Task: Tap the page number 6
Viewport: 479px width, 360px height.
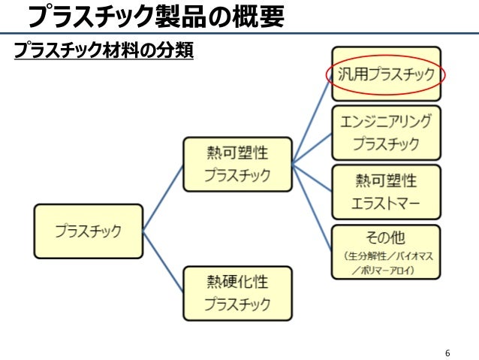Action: (447, 352)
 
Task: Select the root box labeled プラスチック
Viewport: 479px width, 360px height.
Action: (88, 231)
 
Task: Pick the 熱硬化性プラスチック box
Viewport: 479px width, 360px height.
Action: (237, 293)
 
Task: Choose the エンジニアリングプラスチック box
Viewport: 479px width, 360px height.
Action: (386, 132)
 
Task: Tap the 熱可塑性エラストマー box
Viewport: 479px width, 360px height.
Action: (386, 192)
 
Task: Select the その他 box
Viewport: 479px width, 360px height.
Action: (386, 252)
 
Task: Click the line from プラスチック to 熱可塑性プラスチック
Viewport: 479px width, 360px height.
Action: (163, 197)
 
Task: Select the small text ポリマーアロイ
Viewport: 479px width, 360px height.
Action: (387, 269)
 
